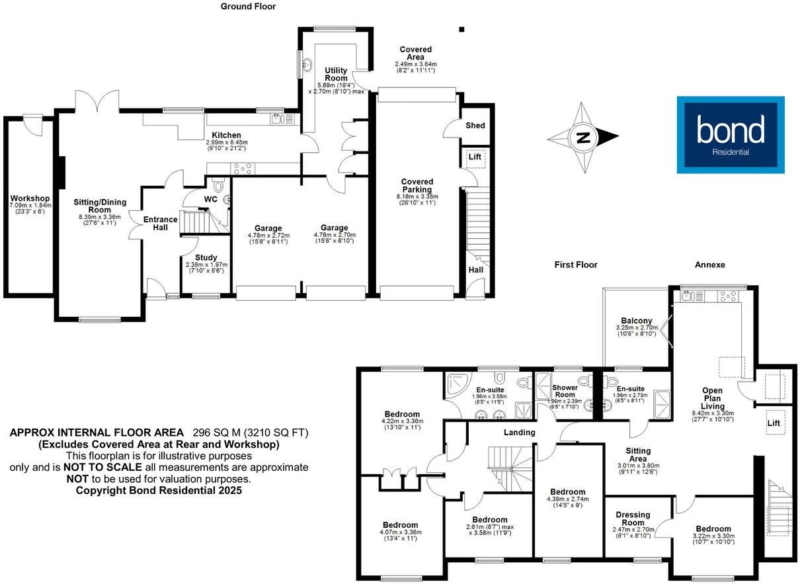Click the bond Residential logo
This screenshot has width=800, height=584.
point(730,135)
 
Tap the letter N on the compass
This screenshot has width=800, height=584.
point(582,138)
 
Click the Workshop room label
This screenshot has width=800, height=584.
point(30,198)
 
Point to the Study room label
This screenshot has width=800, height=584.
point(206,258)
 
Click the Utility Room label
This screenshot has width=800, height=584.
point(336,74)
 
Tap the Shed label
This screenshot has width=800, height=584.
point(475,126)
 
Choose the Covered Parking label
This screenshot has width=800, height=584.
point(417,186)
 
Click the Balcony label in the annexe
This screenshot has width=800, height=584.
point(636,321)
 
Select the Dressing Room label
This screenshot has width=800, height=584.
point(633,519)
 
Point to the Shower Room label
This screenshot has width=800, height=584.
point(565,392)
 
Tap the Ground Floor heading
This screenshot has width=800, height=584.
point(249,7)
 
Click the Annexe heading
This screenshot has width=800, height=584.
point(710,265)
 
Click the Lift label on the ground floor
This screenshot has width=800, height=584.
point(474,157)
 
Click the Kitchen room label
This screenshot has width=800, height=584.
point(226,135)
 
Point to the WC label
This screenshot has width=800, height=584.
point(211,199)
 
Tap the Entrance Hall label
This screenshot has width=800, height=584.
point(161,224)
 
